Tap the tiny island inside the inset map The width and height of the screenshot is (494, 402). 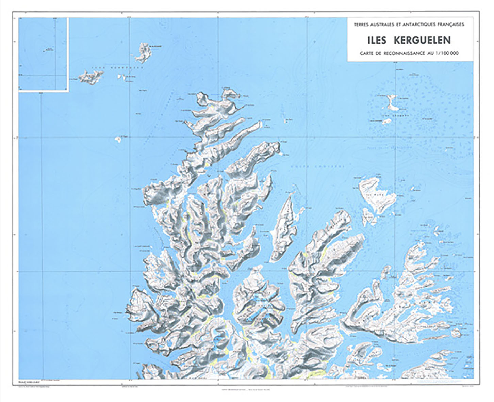pyautogui.click(x=45, y=51)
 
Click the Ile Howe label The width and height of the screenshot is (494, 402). pyautogui.click(x=374, y=195)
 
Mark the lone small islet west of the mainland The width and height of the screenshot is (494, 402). pyautogui.click(x=118, y=139)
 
